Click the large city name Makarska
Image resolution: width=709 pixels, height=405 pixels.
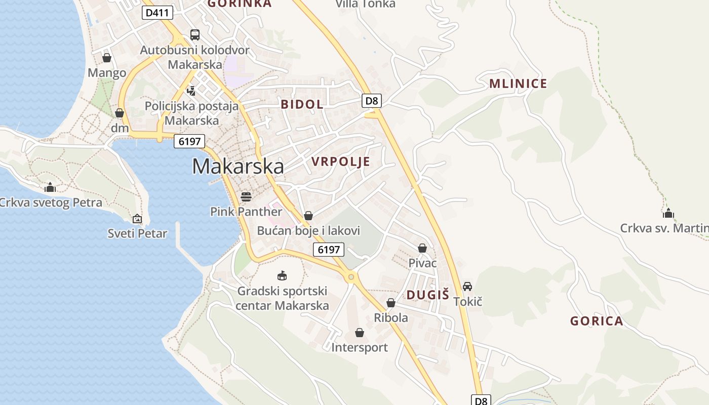pos(238,167)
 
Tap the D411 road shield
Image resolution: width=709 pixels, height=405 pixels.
pos(157,13)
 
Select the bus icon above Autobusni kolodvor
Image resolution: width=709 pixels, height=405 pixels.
pos(195,34)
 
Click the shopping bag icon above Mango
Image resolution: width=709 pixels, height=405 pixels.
pos(107,58)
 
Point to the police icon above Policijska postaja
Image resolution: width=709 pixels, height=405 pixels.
pos(191,91)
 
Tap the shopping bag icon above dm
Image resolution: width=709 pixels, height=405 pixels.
pos(120,112)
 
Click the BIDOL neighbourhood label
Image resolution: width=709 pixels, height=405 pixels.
pos(302,105)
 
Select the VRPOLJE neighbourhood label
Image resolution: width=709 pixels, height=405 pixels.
pos(340,162)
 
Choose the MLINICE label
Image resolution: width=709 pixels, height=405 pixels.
pos(518,84)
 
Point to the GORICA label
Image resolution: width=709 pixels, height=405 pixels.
pos(597,321)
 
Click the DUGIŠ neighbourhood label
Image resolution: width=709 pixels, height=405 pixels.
pos(428,295)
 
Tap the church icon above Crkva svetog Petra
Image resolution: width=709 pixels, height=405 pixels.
pos(50,188)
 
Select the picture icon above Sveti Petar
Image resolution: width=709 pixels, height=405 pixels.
pos(137,219)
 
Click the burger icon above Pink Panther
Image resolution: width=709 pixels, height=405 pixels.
pos(246,196)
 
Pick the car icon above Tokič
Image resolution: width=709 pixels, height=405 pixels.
pos(467,287)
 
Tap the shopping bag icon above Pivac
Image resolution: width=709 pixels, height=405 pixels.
pos(422,248)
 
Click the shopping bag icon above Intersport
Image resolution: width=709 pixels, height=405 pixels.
pos(360,333)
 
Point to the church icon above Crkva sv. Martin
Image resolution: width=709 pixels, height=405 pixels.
pos(668,213)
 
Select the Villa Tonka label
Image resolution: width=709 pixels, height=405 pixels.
pos(366,4)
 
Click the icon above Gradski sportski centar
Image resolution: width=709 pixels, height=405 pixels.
pos(282,276)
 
